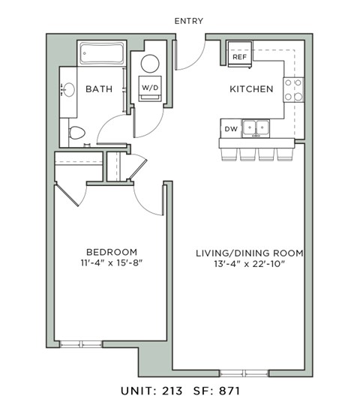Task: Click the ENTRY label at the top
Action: (188, 21)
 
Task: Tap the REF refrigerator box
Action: (240, 57)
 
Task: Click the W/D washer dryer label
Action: (150, 88)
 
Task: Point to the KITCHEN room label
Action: (250, 89)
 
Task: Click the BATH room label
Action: (99, 89)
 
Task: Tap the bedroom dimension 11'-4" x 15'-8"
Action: (111, 263)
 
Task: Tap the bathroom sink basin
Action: (68, 91)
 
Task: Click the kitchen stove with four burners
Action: (293, 90)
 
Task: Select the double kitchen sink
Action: (257, 128)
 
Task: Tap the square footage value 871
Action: (229, 391)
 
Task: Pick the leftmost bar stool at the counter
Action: (228, 153)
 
